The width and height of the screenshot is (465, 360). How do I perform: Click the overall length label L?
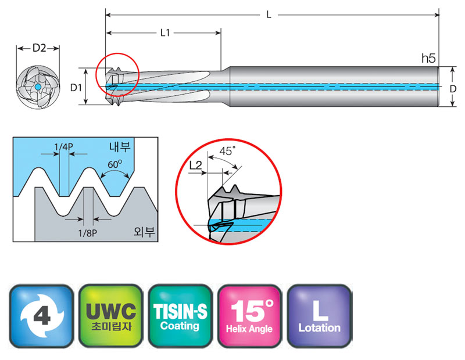(269, 15)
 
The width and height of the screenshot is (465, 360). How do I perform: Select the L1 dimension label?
(165, 34)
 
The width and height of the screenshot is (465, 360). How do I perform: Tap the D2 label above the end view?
(39, 49)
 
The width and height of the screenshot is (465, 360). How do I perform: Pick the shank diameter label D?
(452, 88)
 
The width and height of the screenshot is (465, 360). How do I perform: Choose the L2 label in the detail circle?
(196, 166)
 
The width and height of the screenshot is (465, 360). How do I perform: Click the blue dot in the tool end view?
(37, 87)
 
